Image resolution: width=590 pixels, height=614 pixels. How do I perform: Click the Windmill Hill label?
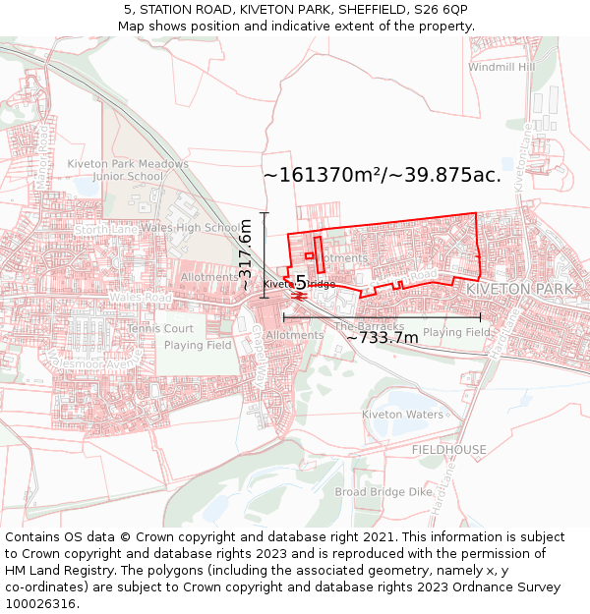(x=501, y=68)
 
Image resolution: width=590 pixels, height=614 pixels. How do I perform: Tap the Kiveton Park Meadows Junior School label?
(x=128, y=170)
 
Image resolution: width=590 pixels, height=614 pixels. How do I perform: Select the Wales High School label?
(x=193, y=228)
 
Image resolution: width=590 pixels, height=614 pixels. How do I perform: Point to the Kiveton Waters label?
(x=402, y=415)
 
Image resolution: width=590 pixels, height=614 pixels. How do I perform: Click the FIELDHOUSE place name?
(x=448, y=449)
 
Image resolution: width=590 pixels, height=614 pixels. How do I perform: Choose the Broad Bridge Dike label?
(x=383, y=491)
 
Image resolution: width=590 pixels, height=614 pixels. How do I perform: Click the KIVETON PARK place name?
(x=519, y=290)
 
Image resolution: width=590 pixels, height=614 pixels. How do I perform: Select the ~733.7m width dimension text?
(x=383, y=338)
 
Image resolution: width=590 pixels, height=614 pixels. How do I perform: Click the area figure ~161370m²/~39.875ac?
(x=383, y=176)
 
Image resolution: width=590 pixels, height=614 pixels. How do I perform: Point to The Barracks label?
(x=369, y=326)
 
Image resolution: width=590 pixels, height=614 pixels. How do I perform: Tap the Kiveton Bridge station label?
(x=298, y=284)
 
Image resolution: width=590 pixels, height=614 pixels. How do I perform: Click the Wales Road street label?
(x=140, y=297)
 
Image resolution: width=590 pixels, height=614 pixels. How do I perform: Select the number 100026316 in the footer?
(x=42, y=604)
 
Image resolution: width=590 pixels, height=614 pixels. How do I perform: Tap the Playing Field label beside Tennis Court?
(x=198, y=346)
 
